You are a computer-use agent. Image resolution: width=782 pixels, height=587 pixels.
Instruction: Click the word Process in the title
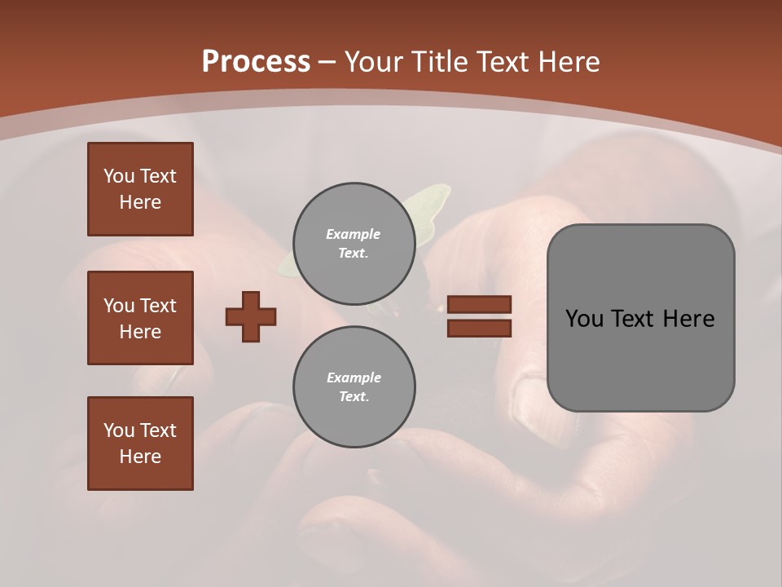[256, 62]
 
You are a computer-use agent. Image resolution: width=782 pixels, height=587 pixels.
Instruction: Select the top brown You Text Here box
[140, 189]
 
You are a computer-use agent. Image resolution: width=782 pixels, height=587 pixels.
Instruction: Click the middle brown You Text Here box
[140, 318]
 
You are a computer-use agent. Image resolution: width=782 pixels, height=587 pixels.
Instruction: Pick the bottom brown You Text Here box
[140, 444]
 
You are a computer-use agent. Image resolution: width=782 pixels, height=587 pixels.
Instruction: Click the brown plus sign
[251, 316]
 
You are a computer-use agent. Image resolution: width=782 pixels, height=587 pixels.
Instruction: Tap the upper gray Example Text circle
[354, 244]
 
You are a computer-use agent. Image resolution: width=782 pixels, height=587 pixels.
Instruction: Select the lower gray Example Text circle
[354, 387]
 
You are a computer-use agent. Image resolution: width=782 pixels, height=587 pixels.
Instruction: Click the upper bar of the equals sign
[479, 305]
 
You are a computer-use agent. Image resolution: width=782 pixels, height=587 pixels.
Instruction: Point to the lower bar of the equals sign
[479, 328]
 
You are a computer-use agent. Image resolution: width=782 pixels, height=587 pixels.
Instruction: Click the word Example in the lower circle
[354, 377]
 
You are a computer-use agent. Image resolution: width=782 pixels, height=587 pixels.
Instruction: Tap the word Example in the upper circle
[354, 234]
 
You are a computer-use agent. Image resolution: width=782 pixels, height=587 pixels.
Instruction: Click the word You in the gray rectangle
[584, 319]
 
